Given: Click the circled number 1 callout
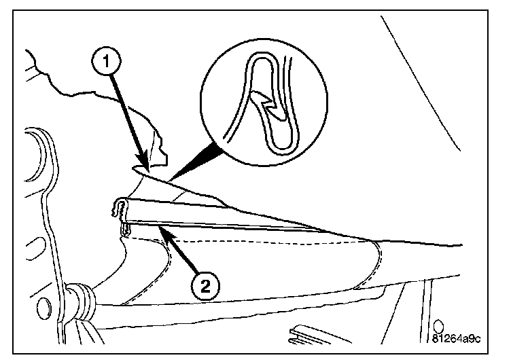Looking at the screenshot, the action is click(x=105, y=60).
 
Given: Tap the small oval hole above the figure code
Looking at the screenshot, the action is click(x=439, y=325).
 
